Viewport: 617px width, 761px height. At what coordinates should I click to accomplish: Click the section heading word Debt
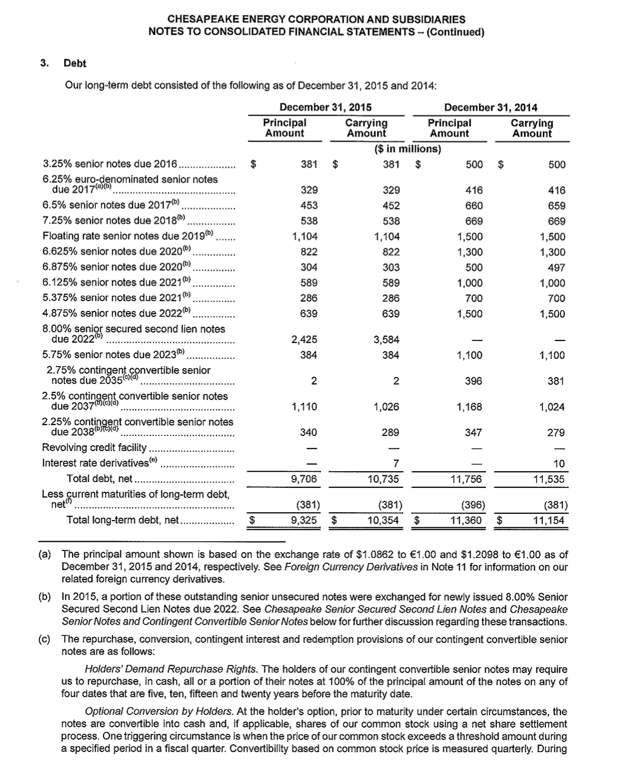point(75,63)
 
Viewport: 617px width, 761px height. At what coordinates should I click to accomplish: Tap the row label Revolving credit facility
point(94,447)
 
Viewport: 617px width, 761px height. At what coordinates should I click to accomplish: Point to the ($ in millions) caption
point(407,149)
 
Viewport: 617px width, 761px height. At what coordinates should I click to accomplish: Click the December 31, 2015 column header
point(325,107)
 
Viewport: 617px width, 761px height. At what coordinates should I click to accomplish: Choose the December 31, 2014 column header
point(490,107)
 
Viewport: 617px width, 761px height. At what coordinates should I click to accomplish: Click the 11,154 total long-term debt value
point(549,520)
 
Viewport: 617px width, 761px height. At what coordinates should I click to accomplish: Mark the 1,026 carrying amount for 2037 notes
point(386,407)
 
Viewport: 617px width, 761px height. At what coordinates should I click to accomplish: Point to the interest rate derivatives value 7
point(396,463)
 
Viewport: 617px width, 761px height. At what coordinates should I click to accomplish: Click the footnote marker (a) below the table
point(45,554)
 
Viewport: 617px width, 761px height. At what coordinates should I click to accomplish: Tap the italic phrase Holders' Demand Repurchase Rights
point(171,669)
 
